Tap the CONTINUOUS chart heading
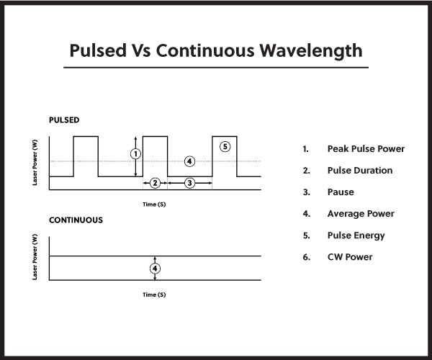[76, 219]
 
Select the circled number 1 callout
[135, 153]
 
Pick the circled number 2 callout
[155, 183]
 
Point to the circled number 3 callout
[189, 183]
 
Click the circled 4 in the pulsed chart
[189, 161]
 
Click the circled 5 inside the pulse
[225, 146]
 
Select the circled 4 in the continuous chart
[155, 268]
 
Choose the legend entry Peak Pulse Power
[366, 149]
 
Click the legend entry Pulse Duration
[359, 171]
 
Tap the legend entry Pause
[341, 192]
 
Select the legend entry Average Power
[360, 214]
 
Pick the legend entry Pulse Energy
[356, 235]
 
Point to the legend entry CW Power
[350, 257]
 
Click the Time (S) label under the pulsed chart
[154, 204]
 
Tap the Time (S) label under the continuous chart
[154, 294]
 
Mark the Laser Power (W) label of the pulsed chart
[35, 163]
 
